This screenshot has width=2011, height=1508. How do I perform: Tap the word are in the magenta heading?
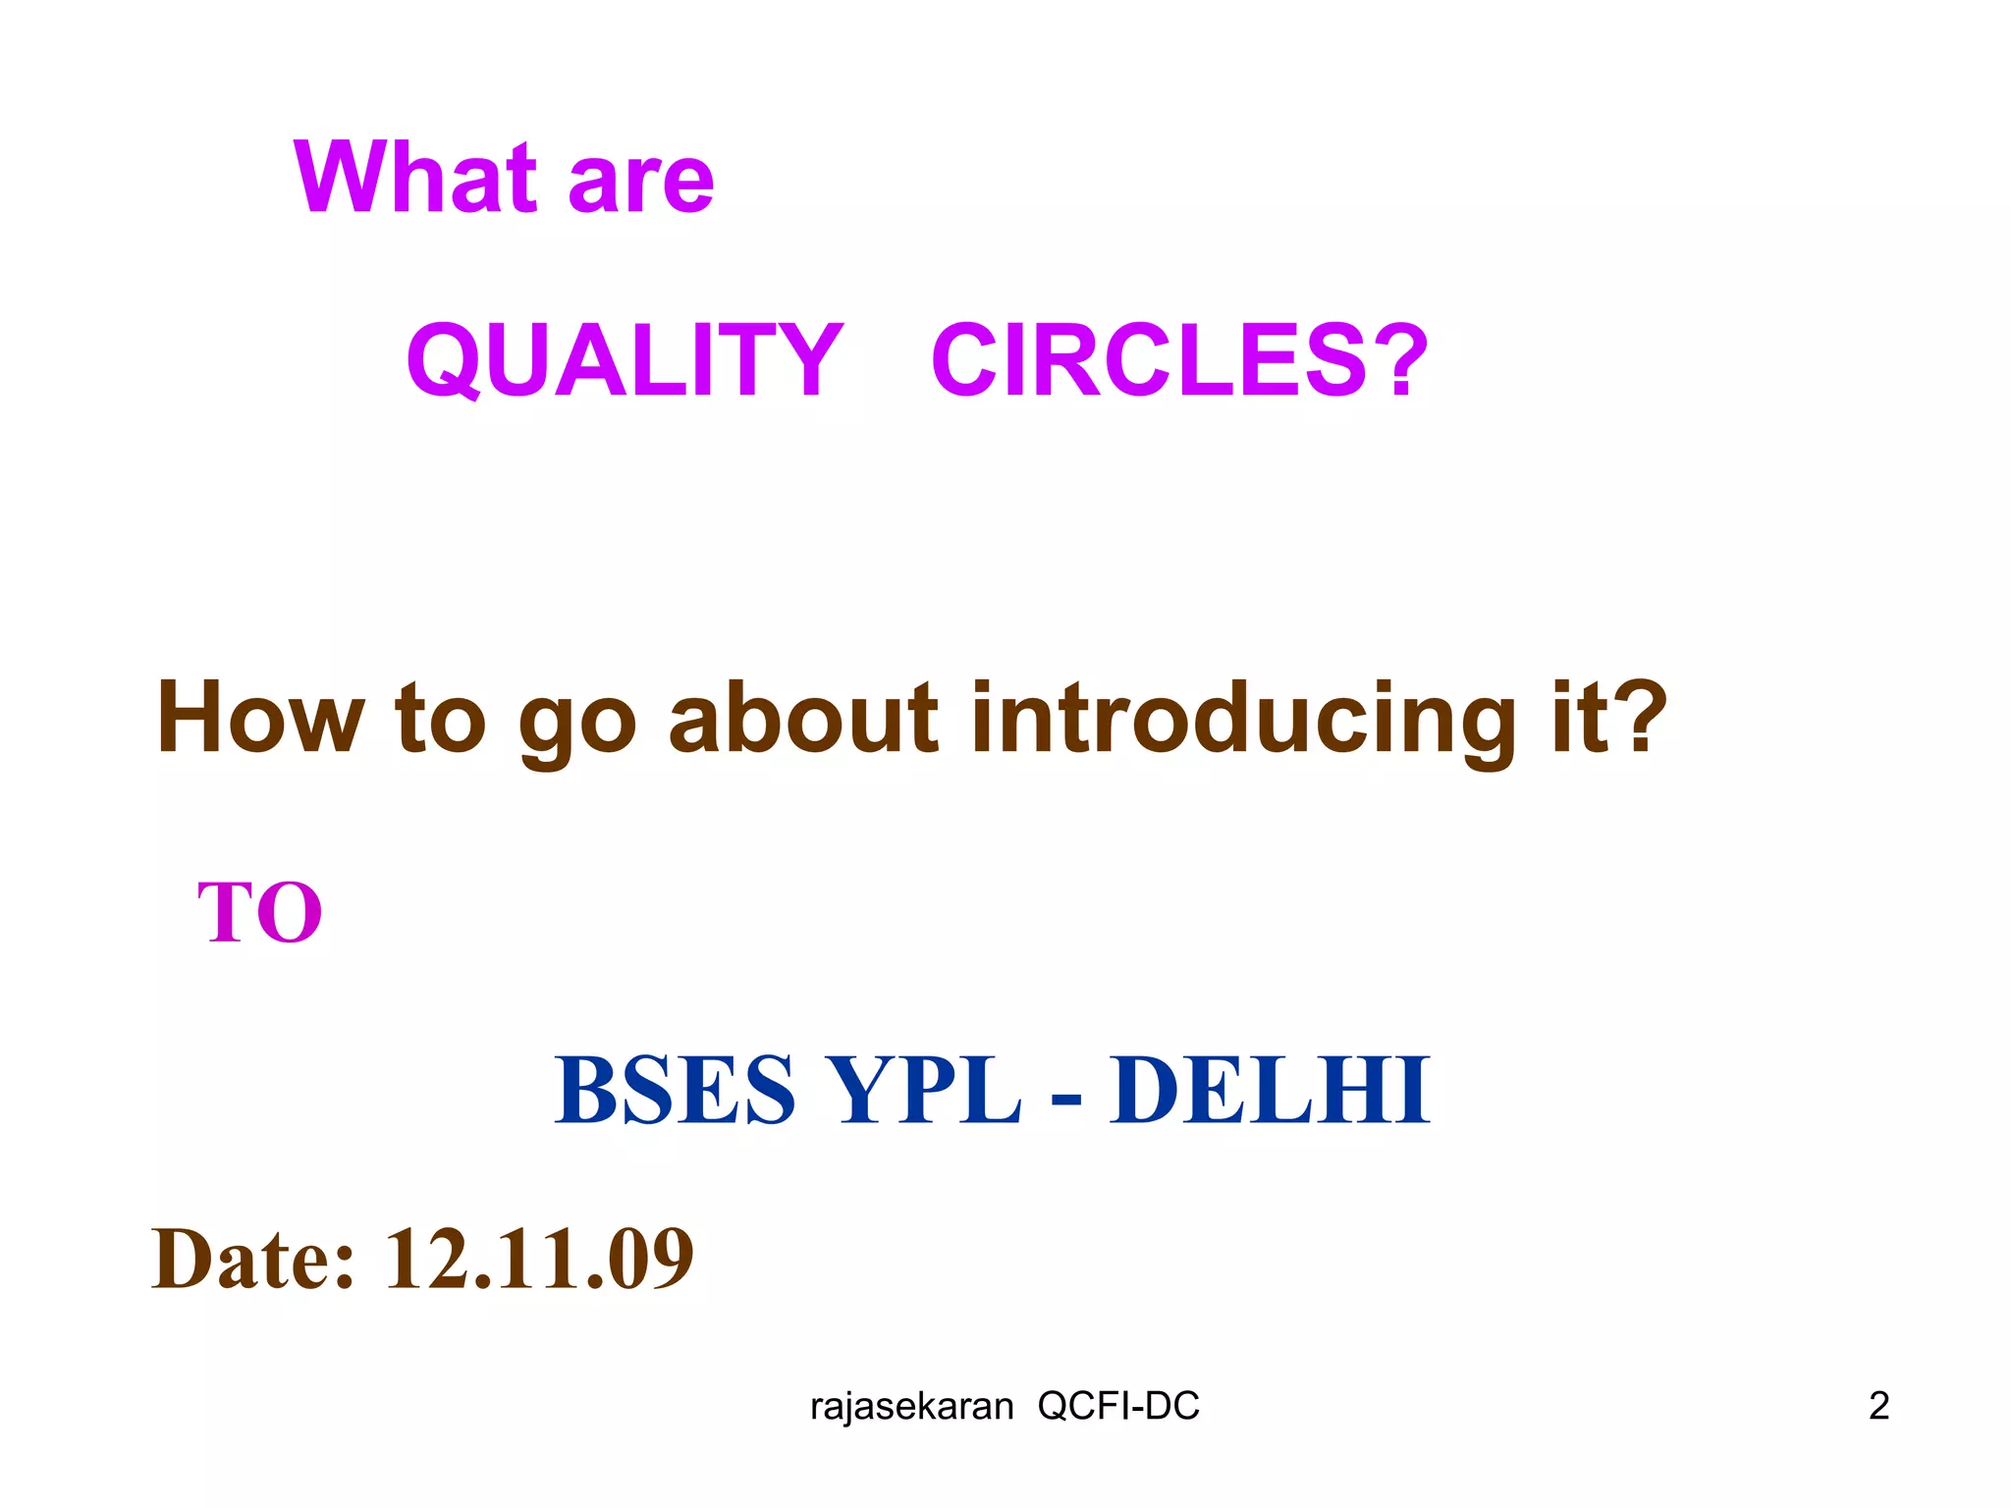[640, 182]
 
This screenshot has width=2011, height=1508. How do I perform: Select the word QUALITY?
[625, 360]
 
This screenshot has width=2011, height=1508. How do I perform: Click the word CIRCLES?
[1149, 360]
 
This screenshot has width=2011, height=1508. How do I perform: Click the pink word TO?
[260, 912]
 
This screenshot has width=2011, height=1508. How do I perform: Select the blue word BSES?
[675, 1090]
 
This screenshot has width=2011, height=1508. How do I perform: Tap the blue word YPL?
[922, 1090]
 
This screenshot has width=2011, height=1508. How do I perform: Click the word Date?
[252, 1259]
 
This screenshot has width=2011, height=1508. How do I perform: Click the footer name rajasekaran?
[911, 1407]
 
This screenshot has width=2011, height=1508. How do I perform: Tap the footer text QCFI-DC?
[1118, 1407]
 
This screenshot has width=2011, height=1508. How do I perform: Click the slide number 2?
[1878, 1406]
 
